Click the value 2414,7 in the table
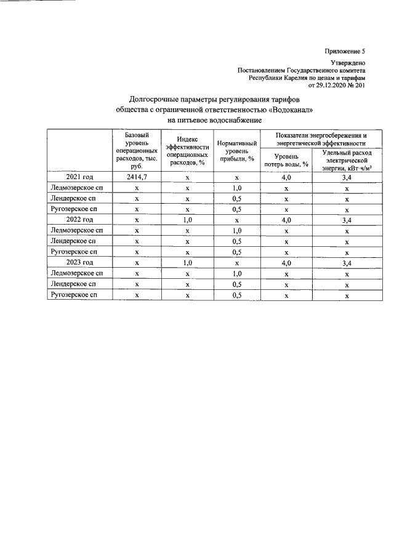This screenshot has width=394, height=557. [137, 177]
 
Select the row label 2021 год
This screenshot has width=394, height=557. [79, 177]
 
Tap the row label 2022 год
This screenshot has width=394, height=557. [79, 219]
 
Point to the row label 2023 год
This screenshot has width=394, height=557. [79, 262]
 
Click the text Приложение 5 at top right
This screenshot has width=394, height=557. [345, 51]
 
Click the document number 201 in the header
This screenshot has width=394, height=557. [360, 86]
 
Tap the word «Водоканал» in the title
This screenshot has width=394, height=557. [291, 109]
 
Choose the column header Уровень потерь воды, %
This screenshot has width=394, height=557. [286, 160]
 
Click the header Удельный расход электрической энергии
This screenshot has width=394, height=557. [347, 159]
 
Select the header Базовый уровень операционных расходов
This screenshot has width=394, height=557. [137, 150]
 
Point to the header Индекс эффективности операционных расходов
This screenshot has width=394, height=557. [187, 151]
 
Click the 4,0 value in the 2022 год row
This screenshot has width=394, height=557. [286, 219]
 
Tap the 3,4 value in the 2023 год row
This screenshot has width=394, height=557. [347, 262]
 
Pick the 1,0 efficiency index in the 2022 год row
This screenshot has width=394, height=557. [187, 219]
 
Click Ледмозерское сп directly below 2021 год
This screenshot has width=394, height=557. [79, 188]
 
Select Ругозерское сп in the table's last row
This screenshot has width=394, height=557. [79, 295]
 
